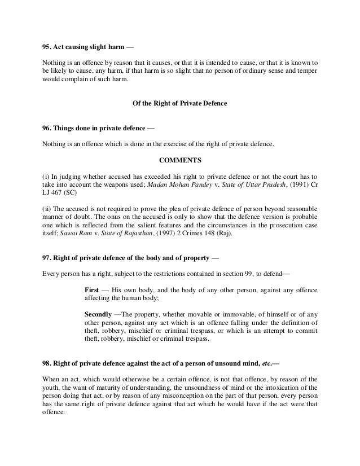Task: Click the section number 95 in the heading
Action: [46, 45]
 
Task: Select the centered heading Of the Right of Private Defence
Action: [179, 104]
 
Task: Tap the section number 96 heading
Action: [46, 128]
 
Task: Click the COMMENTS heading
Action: [179, 159]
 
